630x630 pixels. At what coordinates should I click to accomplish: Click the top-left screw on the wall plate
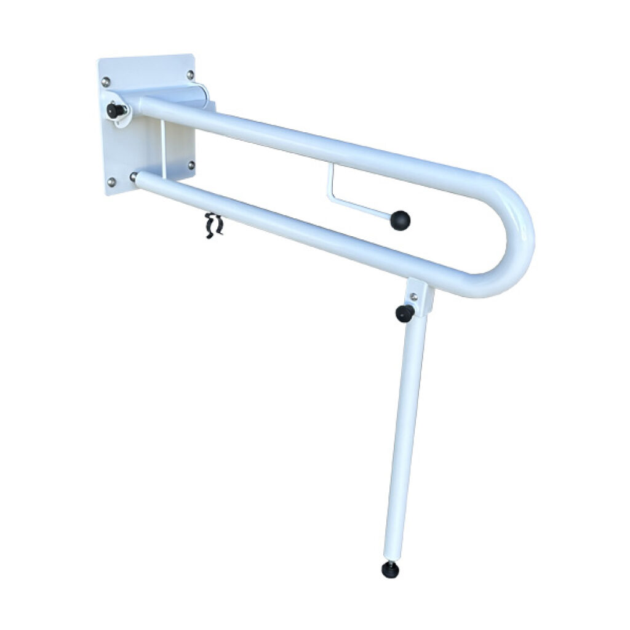tap(106, 81)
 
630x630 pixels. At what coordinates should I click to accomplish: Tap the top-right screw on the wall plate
tap(190, 75)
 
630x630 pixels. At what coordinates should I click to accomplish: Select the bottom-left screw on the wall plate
tap(111, 182)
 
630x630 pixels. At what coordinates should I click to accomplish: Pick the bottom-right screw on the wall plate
tap(191, 165)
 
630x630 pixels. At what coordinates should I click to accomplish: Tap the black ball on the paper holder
tap(400, 220)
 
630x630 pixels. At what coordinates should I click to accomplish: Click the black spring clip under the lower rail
tap(213, 225)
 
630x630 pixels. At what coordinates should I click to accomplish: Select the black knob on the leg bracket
tap(404, 313)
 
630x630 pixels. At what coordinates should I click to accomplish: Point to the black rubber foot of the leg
tap(390, 570)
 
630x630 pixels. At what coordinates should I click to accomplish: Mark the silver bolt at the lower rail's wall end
tap(134, 177)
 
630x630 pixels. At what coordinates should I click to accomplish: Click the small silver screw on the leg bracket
tap(414, 297)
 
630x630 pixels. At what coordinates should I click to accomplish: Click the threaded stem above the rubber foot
tap(389, 560)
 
